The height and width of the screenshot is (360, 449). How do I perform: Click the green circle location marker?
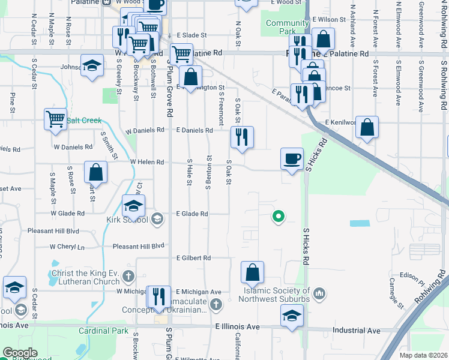pos(278,217)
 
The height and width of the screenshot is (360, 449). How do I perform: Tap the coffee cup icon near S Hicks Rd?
pos(292,159)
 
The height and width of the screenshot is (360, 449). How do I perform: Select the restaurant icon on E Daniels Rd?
pos(243,137)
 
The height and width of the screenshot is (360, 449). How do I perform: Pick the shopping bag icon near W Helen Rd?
pos(95,172)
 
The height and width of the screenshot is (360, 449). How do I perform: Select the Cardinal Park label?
pos(103,331)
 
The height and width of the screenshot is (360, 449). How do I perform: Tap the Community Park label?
pos(280,27)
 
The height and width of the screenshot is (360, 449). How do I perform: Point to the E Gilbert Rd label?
pos(193,258)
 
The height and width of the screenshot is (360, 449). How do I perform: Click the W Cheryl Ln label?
pos(67,247)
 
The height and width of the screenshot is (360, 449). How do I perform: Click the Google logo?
pos(19,353)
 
